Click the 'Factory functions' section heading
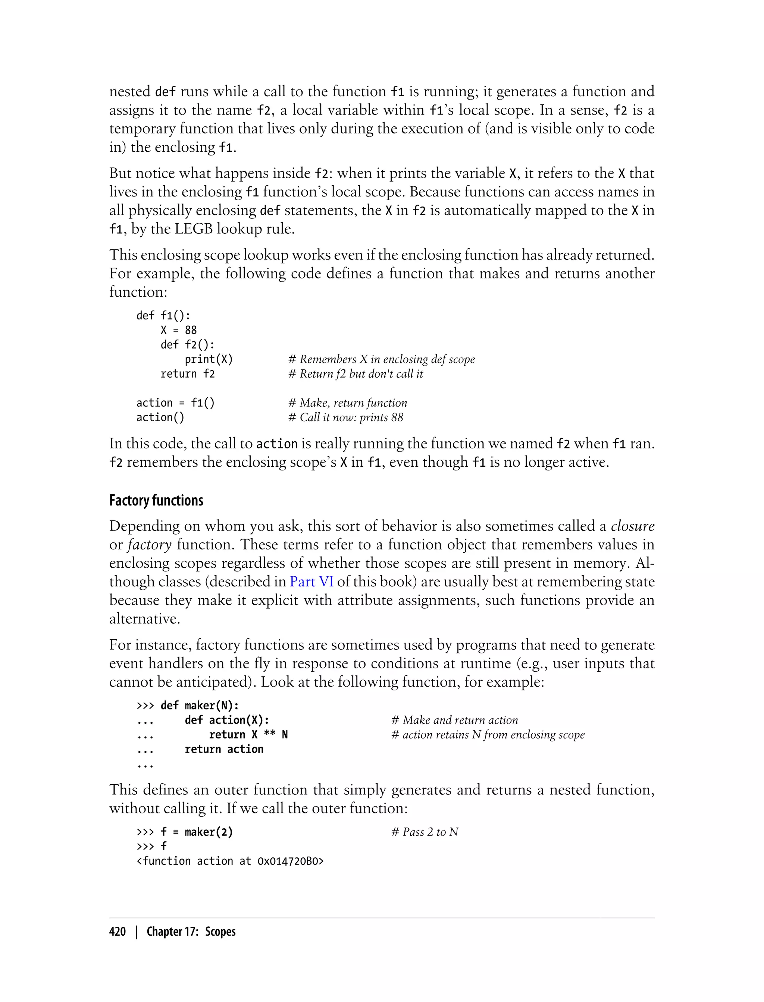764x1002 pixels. click(x=156, y=500)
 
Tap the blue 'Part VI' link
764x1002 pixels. click(x=311, y=582)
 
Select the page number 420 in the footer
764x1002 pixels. click(x=118, y=932)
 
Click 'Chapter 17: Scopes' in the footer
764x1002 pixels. click(x=191, y=932)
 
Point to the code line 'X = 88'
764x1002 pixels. click(x=178, y=330)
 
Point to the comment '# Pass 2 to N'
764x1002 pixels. click(x=424, y=832)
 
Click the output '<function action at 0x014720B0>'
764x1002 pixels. click(x=230, y=861)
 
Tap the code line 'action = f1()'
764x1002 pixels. click(x=175, y=403)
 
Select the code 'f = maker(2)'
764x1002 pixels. click(x=197, y=832)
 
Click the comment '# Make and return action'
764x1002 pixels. click(x=454, y=720)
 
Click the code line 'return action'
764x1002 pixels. click(x=224, y=749)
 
